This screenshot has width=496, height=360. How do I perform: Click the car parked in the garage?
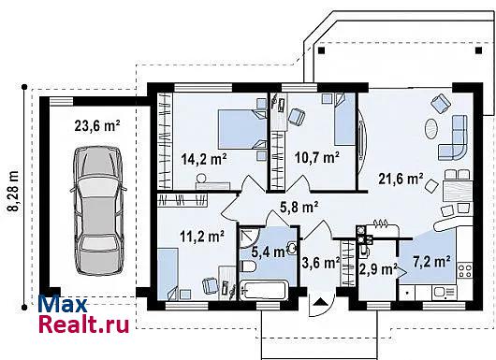click(x=98, y=210)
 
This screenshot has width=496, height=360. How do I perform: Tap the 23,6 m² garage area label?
click(x=97, y=126)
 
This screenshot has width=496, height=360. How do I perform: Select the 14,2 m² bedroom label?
click(x=204, y=159)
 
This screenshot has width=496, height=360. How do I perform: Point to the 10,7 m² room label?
click(x=317, y=157)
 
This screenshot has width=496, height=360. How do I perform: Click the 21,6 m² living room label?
click(x=401, y=179)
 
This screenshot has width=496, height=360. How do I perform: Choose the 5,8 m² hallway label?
click(x=299, y=207)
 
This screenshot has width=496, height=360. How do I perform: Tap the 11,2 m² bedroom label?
click(x=202, y=236)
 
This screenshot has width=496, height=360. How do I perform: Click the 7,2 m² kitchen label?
click(x=431, y=262)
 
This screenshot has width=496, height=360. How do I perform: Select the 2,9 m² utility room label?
click(x=378, y=269)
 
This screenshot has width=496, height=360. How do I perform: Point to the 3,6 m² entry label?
click(x=321, y=263)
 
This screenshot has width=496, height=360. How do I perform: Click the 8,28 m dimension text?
click(x=13, y=191)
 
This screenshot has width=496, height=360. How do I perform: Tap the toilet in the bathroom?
click(x=248, y=266)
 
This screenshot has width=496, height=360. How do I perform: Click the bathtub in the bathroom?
click(x=264, y=290)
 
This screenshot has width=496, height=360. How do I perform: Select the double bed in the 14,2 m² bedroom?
click(x=242, y=129)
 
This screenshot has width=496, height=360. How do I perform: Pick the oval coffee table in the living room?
click(x=431, y=128)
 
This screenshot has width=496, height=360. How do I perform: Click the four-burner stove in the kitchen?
click(x=465, y=271)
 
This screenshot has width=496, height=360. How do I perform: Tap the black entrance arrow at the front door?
click(x=321, y=301)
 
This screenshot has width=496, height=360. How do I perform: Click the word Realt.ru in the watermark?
click(x=84, y=324)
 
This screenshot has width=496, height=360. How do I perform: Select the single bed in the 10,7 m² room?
click(x=344, y=119)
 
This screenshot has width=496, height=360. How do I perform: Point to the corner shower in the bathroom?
click(x=249, y=235)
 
